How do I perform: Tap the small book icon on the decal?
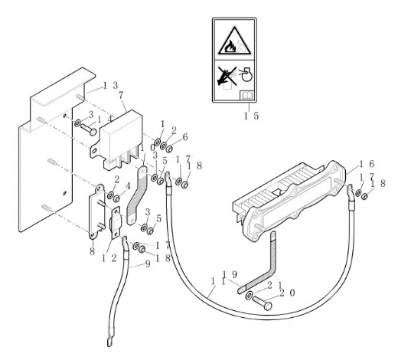247,96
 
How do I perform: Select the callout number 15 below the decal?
251,116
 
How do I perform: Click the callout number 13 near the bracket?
110,86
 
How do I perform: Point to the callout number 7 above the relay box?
121,95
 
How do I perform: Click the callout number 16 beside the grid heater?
367,164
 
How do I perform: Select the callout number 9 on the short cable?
148,263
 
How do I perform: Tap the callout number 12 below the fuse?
109,258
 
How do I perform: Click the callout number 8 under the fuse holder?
92,251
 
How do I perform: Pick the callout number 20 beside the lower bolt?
287,293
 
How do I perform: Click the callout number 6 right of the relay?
185,137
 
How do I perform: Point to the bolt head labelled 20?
268,306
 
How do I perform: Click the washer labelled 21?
249,296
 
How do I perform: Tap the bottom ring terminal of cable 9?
110,342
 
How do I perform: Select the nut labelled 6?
169,149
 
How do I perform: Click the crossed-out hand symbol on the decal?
227,76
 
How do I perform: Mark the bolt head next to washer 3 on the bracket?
93,132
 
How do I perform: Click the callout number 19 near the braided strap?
230,275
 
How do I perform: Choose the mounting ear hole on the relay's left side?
95,151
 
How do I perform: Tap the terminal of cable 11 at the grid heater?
350,190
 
